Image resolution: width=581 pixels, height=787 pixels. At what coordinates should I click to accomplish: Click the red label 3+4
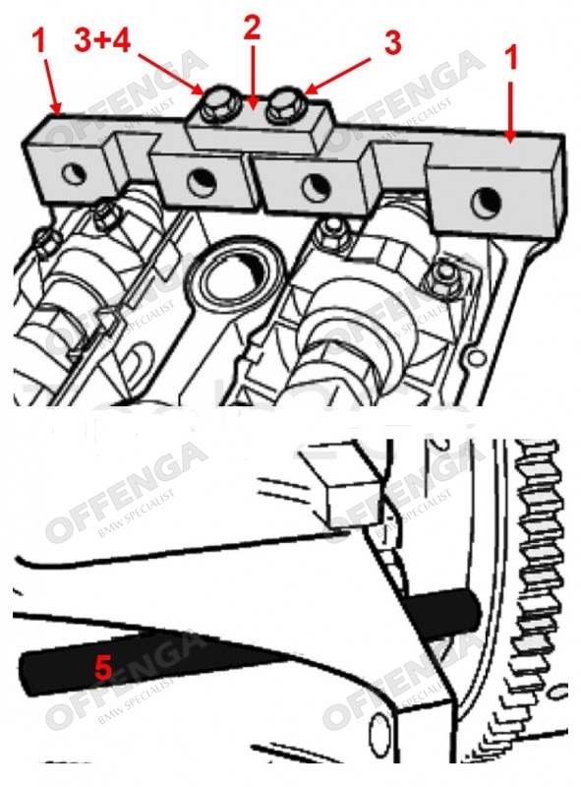coord(102,40)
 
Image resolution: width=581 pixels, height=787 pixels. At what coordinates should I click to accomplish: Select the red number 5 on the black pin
coord(103,668)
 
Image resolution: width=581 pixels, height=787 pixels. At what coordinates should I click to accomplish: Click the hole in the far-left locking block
coord(75,174)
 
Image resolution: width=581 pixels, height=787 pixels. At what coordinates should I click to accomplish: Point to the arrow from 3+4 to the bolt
coord(171,75)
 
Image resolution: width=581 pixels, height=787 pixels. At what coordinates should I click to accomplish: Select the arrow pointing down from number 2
coord(253,77)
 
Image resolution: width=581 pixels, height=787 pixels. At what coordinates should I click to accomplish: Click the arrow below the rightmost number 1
coord(510,111)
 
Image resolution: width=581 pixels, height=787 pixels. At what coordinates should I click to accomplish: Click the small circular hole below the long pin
coord(379,731)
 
